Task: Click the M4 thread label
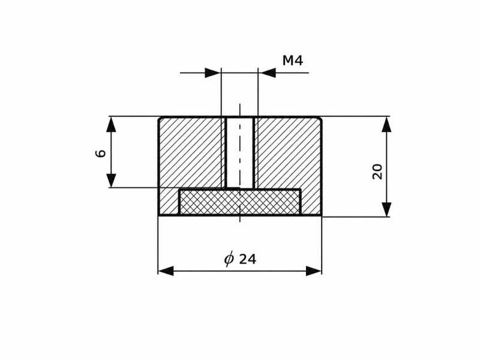coord(293,61)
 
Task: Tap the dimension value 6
coord(101,152)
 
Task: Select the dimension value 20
coord(377,172)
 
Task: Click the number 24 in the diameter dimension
coord(247,259)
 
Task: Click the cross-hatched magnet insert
coord(239,202)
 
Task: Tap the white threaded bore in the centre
coord(239,152)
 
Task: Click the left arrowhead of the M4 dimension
coord(213,73)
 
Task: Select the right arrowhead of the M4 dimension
coord(266,73)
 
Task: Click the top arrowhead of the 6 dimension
coord(112,124)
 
